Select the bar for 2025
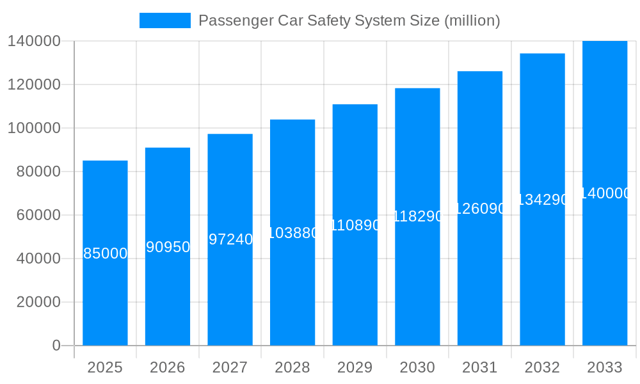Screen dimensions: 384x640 [x=105, y=288]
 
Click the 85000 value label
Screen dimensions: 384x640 [x=106, y=253]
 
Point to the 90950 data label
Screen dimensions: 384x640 [x=168, y=247]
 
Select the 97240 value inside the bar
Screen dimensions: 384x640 [x=230, y=239]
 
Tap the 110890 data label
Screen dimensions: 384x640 [x=355, y=225]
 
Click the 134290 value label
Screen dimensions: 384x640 [x=542, y=200]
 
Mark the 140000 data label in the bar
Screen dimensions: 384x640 [x=605, y=193]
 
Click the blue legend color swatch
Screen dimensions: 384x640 [x=165, y=20]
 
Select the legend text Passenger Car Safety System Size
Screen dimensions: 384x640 [x=349, y=20]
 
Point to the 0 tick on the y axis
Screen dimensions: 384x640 [x=56, y=346]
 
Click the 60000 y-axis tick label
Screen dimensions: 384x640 [x=38, y=215]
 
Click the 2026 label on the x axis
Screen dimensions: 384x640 [x=168, y=367]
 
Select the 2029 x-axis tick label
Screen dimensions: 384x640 [x=355, y=367]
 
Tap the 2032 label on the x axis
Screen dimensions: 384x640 [x=542, y=367]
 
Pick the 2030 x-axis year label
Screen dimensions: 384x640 [x=417, y=367]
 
